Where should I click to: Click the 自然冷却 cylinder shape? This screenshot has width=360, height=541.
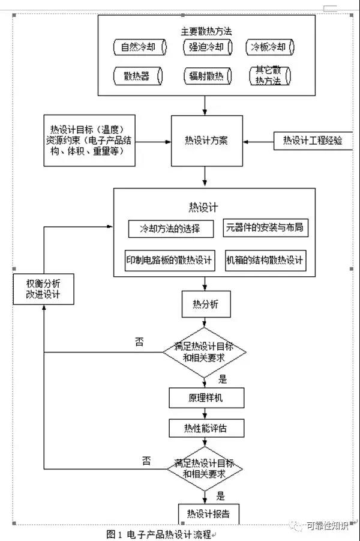click(137, 47)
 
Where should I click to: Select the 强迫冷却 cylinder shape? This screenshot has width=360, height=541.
click(205, 47)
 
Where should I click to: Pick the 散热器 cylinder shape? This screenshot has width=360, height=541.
click(137, 76)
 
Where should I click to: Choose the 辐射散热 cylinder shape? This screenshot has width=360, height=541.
click(205, 76)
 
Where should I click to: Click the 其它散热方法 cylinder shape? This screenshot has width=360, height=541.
click(269, 76)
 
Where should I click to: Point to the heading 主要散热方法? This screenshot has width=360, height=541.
click(206, 31)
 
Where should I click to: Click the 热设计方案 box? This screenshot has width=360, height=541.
click(206, 141)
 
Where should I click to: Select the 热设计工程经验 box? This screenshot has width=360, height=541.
click(313, 141)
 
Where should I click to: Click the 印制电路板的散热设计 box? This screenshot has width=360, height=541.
click(169, 260)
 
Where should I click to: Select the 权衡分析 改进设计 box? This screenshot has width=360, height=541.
click(43, 289)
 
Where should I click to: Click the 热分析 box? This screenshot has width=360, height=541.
click(206, 305)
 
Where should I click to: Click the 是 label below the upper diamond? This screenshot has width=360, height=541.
click(223, 379)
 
